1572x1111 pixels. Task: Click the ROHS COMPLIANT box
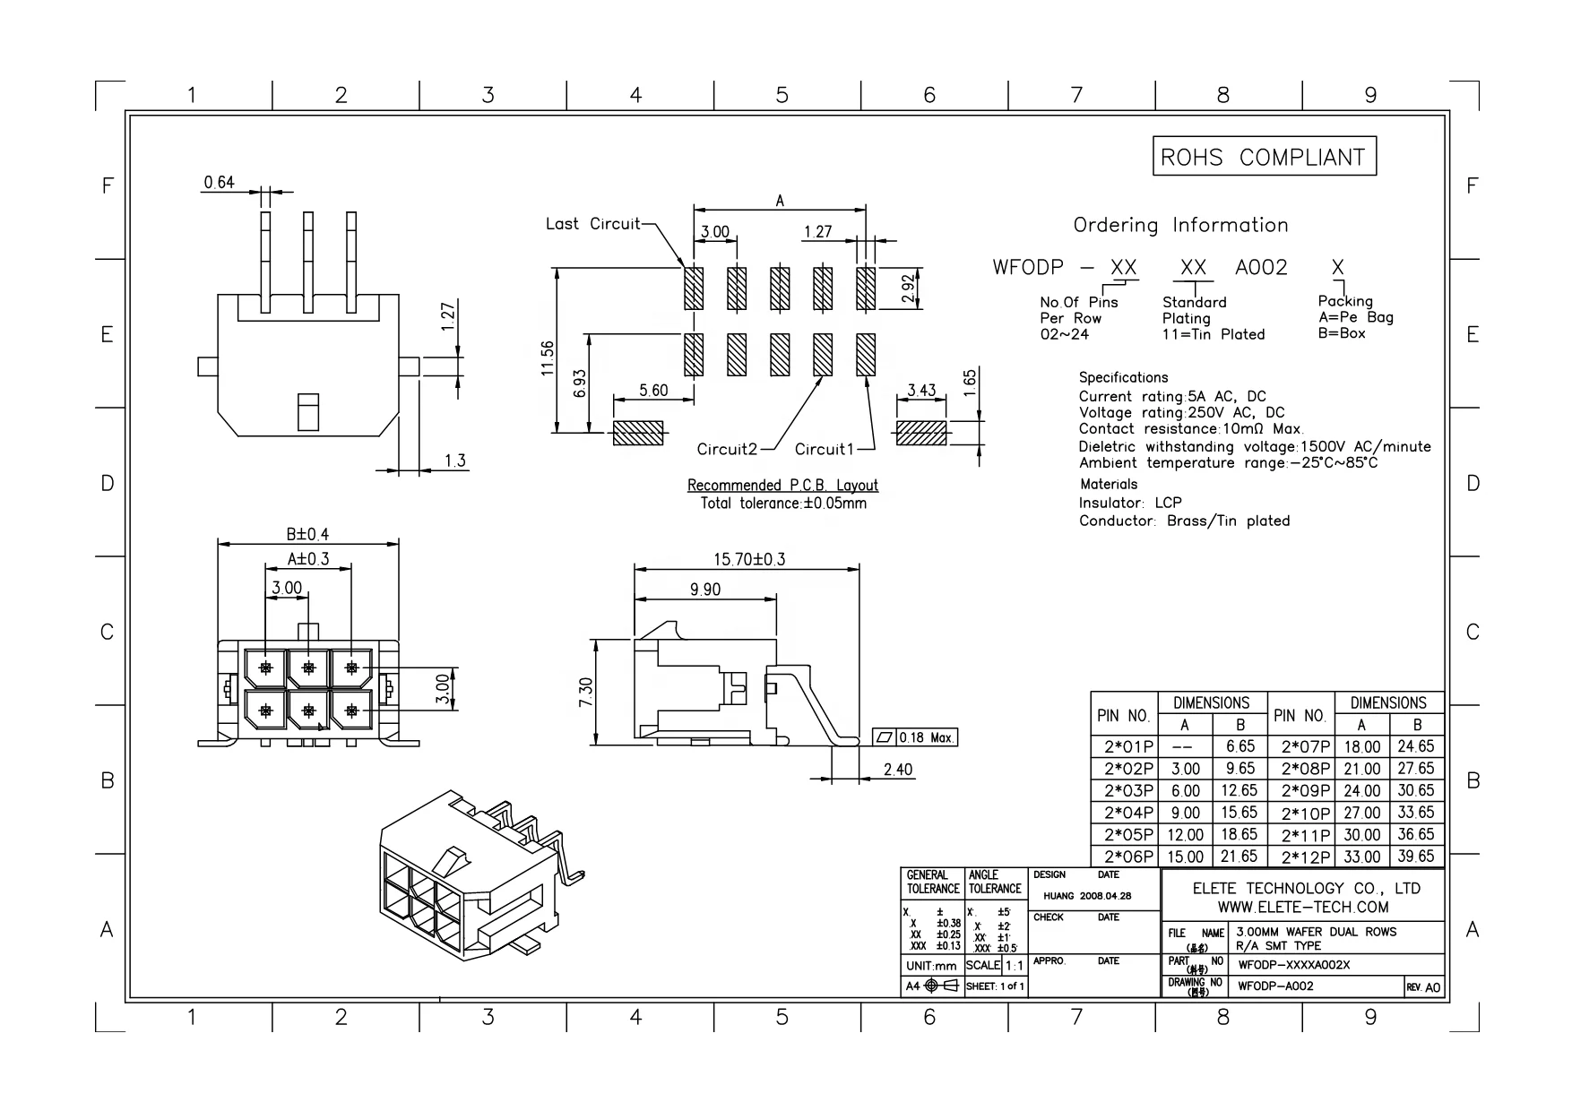(x=1263, y=157)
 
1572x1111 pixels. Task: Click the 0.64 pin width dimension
(x=219, y=183)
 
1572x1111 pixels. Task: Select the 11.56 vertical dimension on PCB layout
(x=548, y=358)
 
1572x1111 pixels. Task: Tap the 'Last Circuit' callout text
(x=592, y=224)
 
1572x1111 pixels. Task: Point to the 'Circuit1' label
(x=822, y=449)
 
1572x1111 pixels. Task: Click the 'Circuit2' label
(x=727, y=449)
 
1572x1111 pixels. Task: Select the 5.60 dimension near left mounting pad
(x=652, y=391)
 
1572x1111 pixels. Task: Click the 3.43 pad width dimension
(x=920, y=391)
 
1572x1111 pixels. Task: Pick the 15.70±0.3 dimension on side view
(x=748, y=559)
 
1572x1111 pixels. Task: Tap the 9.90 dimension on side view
(x=704, y=590)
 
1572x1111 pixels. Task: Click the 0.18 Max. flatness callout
(x=915, y=737)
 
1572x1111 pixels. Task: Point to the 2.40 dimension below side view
(x=897, y=770)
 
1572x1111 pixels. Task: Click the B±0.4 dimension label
(x=307, y=534)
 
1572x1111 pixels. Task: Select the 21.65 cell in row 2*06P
(x=1240, y=857)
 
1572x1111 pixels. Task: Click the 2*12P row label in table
(x=1306, y=857)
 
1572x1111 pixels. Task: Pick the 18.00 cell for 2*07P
(x=1361, y=746)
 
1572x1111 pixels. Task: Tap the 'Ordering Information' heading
(x=1180, y=225)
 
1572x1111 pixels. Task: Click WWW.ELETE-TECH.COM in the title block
(x=1302, y=907)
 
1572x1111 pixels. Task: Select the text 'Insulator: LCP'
(x=1129, y=503)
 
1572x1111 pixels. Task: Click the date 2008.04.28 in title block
(x=1105, y=895)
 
